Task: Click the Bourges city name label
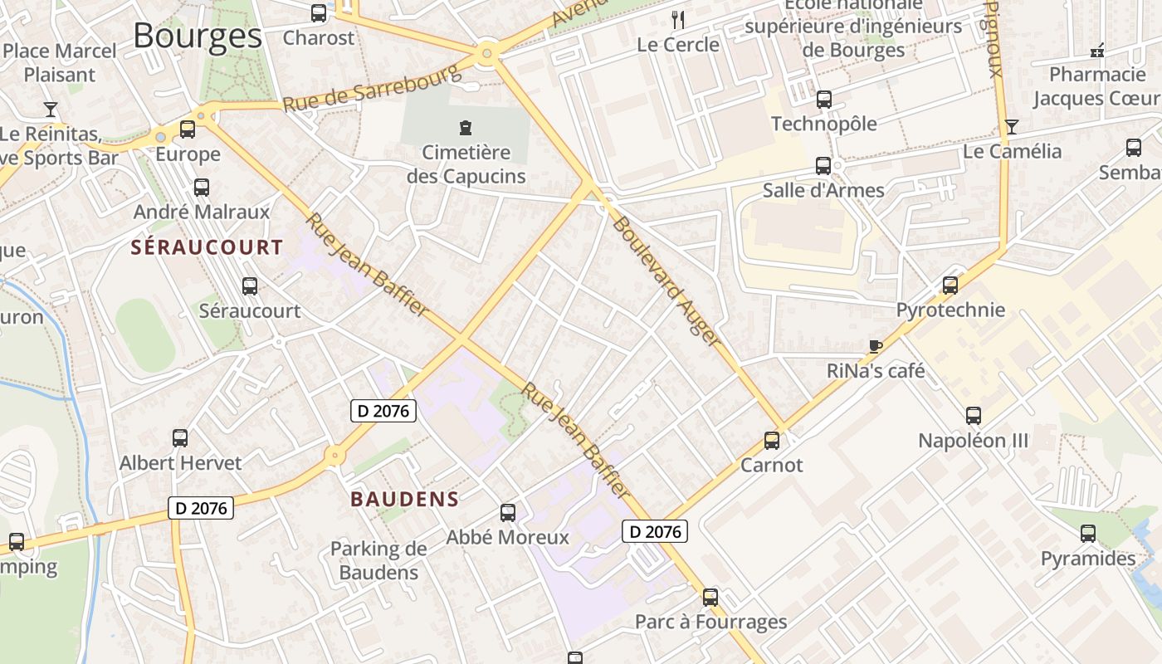[x=198, y=36]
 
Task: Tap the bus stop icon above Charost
[x=319, y=13]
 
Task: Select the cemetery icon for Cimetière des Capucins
[x=466, y=128]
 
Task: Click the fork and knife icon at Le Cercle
[x=678, y=20]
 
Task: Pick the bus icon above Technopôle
[x=824, y=100]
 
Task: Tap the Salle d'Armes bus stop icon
[x=823, y=166]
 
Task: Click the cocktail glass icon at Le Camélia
[x=1011, y=127]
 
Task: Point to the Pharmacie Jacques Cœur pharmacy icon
[x=1097, y=51]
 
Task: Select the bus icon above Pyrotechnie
[x=950, y=286]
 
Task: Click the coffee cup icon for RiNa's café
[x=875, y=346]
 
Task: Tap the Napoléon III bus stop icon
[x=974, y=416]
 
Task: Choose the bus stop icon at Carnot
[x=772, y=441]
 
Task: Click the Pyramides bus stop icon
[x=1088, y=534]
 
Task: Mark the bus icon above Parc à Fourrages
[x=710, y=598]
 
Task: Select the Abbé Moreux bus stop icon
[x=508, y=513]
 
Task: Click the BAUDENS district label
[x=404, y=499]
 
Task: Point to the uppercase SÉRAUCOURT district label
[x=207, y=247]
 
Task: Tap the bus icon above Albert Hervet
[x=180, y=438]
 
